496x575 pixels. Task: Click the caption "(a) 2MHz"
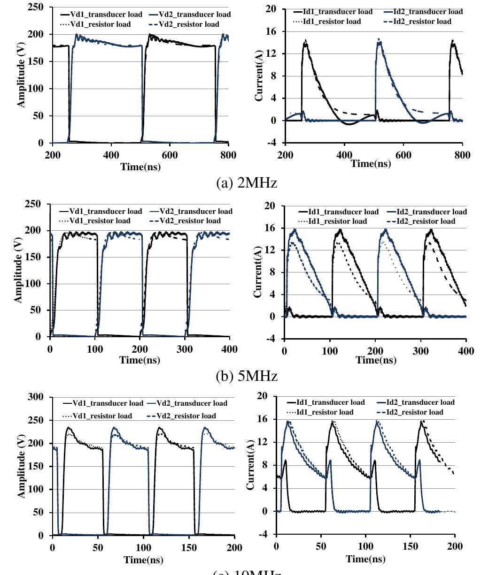[246, 183]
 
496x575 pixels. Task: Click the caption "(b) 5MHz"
[247, 376]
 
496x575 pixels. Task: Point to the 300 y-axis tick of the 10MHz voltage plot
[36, 397]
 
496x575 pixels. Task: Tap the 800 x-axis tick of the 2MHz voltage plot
[228, 156]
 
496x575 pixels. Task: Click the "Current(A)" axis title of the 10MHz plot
[250, 465]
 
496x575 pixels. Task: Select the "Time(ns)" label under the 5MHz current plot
[376, 360]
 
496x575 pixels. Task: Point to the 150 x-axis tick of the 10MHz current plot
[411, 546]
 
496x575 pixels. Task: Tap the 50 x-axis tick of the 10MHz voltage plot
[98, 548]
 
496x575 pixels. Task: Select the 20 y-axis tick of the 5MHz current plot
[270, 206]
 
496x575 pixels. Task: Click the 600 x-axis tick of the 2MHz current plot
[403, 156]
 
